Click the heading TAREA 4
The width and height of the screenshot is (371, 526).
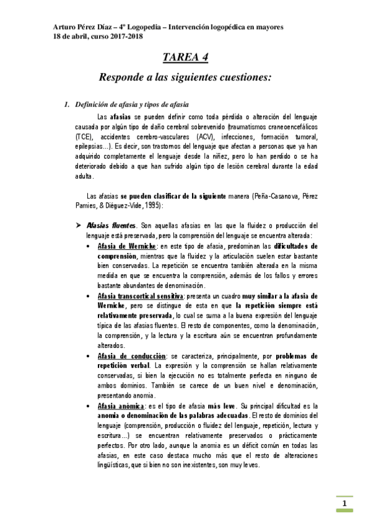(x=185, y=58)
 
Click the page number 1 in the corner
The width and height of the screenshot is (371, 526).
(x=344, y=503)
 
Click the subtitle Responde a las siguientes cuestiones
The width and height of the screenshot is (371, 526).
(x=185, y=78)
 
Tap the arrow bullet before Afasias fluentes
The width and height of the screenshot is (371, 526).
(x=79, y=225)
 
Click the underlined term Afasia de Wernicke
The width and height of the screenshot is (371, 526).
(x=128, y=246)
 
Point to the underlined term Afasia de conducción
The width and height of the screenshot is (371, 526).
(x=131, y=356)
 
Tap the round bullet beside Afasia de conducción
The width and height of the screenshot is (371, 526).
(x=92, y=356)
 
